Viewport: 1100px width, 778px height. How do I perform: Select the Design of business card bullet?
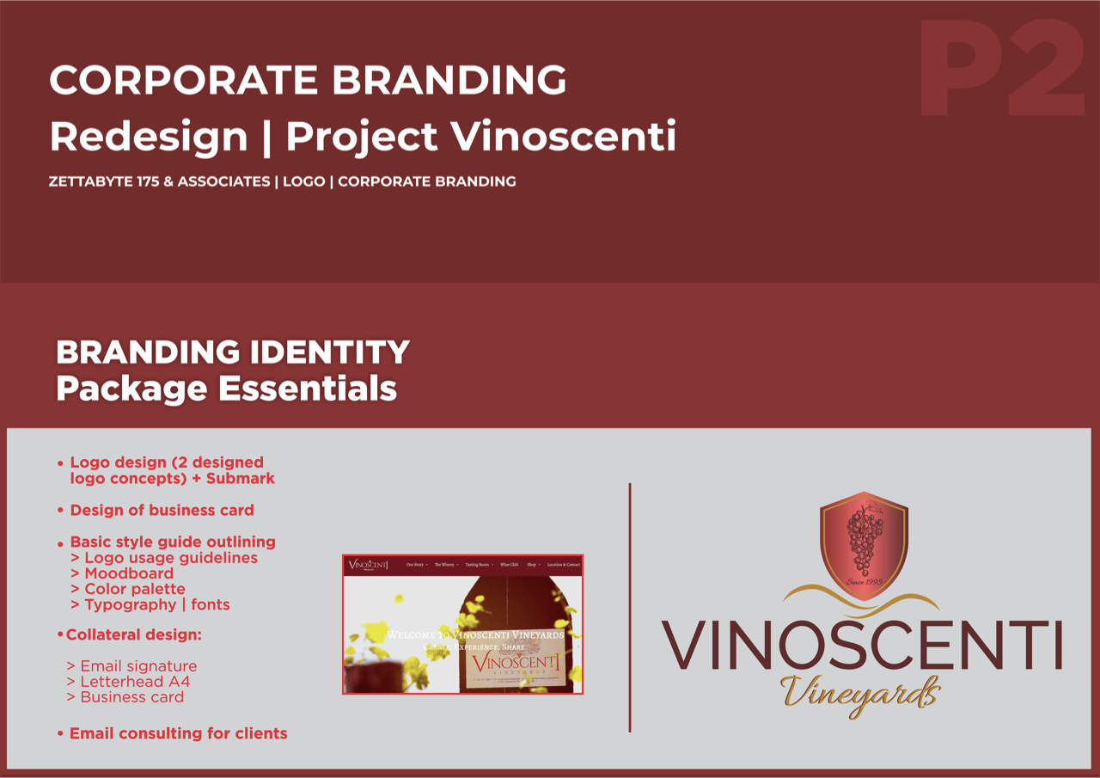click(162, 510)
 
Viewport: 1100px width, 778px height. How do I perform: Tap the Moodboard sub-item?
click(129, 573)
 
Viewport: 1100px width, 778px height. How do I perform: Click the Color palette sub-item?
click(134, 589)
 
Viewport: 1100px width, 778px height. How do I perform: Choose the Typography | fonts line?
click(156, 604)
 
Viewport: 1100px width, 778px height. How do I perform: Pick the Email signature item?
click(138, 666)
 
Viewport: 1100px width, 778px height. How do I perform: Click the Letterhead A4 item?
click(135, 682)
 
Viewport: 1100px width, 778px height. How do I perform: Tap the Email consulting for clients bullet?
click(178, 733)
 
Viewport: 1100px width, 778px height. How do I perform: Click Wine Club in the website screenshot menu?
click(510, 565)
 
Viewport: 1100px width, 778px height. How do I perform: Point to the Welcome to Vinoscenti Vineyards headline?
click(474, 634)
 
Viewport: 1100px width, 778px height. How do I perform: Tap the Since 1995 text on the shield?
click(865, 583)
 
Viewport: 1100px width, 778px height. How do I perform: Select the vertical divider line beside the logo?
click(630, 607)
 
